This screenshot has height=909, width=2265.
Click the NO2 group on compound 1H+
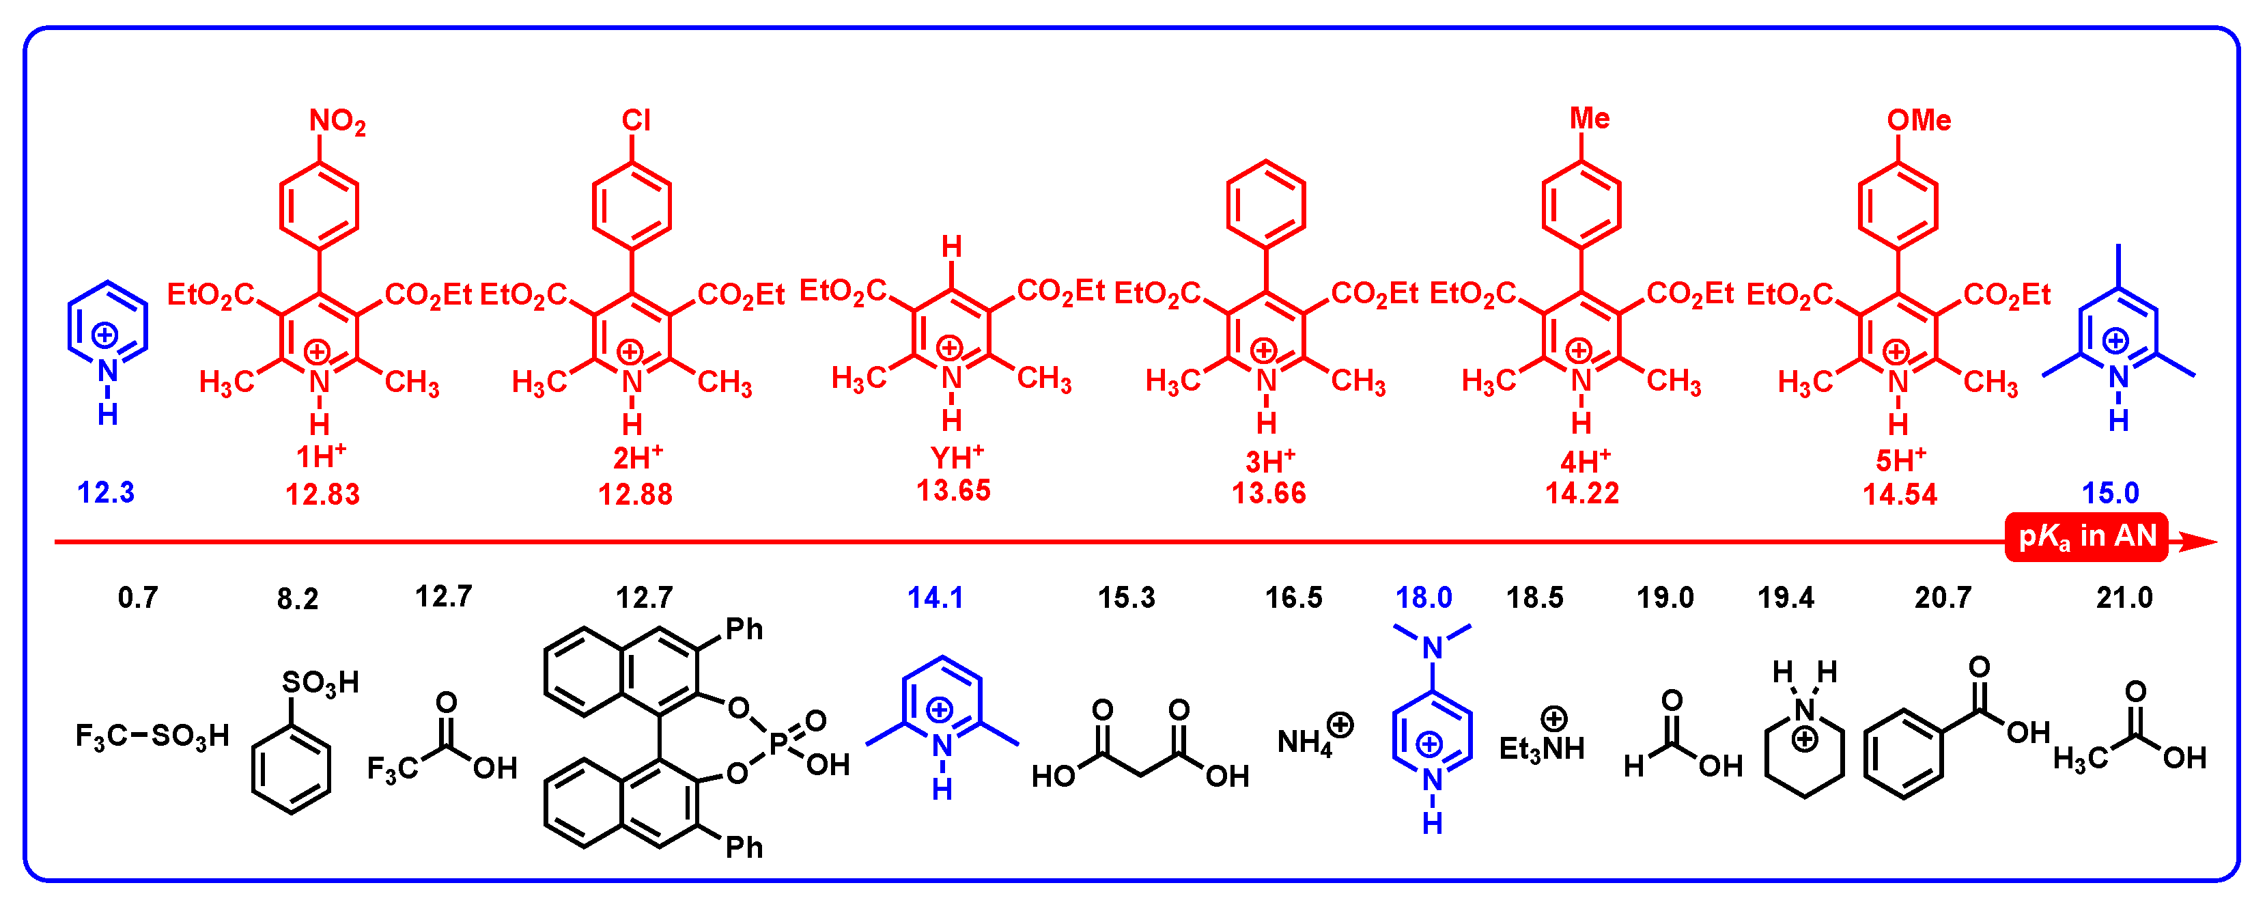tap(337, 122)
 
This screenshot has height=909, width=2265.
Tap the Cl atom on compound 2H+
tap(636, 120)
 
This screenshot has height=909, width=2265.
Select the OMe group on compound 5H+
tap(1919, 120)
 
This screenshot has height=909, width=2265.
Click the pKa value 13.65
tap(953, 490)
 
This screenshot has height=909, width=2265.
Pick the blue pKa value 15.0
tap(2110, 493)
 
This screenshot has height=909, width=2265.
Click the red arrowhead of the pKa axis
tap(2198, 542)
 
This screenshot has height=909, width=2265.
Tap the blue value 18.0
tap(1424, 598)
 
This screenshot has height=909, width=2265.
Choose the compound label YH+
tap(957, 457)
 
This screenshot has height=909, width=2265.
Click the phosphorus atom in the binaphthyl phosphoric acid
tap(778, 744)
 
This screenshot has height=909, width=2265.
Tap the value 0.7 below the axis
tap(138, 598)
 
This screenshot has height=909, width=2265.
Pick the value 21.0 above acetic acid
tap(2124, 598)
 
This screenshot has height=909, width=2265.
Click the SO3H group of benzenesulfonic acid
tap(320, 682)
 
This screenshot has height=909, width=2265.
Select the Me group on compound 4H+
tap(1590, 119)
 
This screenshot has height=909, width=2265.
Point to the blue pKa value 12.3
tap(107, 492)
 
